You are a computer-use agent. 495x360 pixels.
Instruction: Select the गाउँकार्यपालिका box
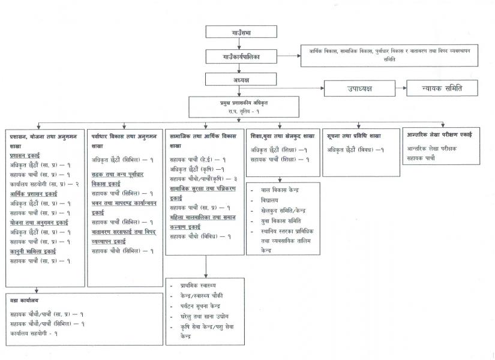coord(239,58)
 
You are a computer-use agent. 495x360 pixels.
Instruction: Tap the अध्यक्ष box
coord(239,79)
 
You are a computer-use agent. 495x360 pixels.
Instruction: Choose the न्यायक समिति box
coord(442,88)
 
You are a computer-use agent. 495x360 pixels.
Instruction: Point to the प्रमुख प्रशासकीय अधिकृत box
coord(239,107)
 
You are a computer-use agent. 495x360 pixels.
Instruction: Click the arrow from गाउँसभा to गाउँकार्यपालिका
coord(239,46)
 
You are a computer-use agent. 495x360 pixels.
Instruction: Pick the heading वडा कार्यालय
coord(25,299)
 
